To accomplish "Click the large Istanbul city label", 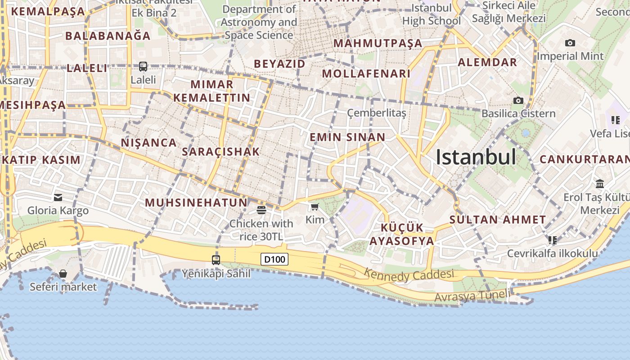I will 476,157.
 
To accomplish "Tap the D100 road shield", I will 274,259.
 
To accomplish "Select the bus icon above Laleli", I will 143,67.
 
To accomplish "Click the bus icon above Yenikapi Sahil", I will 216,260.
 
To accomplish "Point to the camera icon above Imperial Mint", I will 570,43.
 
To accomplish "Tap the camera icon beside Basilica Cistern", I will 518,100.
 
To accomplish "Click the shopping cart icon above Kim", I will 315,207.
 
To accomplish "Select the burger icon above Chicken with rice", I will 261,210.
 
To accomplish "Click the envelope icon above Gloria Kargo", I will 58,197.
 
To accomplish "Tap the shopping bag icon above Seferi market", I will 63,274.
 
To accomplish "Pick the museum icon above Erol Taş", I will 600,184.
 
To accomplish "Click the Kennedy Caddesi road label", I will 409,274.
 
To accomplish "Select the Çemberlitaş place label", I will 377,113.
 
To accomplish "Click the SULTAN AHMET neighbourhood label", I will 498,220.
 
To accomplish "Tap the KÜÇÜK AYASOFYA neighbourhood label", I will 402,234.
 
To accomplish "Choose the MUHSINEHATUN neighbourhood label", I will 196,202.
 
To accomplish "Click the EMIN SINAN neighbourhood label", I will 347,137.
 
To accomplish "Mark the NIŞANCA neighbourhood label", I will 148,143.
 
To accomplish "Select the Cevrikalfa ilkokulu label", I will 553,253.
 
